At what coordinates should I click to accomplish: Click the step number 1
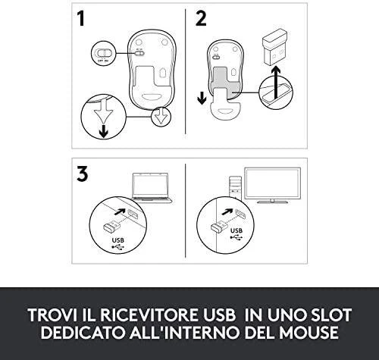[81, 18]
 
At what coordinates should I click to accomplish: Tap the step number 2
[201, 18]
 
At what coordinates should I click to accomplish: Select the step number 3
[83, 174]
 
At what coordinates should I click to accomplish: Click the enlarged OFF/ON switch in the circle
[103, 53]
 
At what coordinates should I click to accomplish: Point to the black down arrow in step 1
[103, 131]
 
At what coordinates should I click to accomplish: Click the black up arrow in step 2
[276, 82]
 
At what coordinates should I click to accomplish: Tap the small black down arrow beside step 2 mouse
[202, 98]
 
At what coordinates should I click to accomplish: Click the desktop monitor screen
[273, 183]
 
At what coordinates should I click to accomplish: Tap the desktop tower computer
[235, 187]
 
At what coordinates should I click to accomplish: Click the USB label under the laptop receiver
[118, 240]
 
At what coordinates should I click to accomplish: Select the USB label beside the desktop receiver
[236, 230]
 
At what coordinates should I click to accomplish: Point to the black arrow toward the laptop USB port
[120, 211]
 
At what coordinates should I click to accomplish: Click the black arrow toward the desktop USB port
[227, 211]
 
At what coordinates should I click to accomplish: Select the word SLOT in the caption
[330, 315]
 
